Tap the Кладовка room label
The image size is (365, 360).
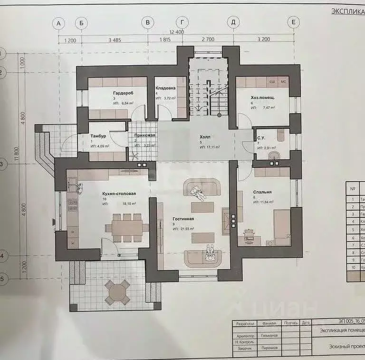point(166,88)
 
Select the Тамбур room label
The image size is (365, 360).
point(98,136)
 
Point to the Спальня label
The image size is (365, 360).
point(262,192)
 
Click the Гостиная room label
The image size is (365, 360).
point(183,220)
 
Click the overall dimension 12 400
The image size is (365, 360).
point(176,32)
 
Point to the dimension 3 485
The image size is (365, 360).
point(114,40)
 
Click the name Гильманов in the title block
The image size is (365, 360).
point(269,335)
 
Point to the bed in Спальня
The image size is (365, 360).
point(281,227)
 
